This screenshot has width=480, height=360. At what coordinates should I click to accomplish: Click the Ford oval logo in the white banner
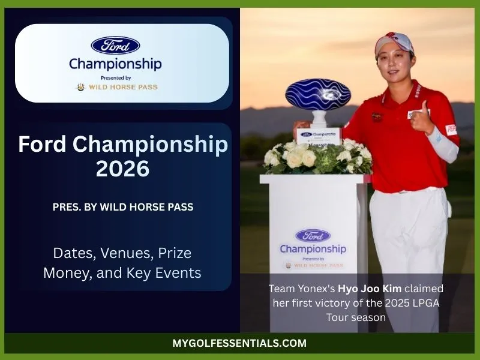115,45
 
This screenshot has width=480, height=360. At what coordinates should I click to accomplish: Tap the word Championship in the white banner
115,63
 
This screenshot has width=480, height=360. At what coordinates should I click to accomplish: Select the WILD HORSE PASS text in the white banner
124,87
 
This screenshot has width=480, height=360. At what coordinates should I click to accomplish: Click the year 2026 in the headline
122,169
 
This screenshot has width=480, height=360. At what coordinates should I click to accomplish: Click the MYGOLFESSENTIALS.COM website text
239,344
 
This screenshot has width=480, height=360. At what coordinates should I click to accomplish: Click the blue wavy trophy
317,97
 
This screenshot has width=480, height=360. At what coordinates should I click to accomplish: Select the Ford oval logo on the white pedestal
312,236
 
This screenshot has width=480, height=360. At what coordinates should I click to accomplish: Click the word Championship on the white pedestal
313,248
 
